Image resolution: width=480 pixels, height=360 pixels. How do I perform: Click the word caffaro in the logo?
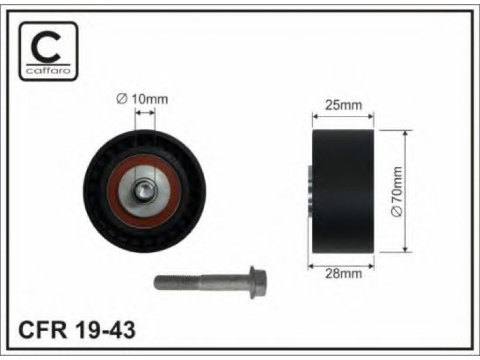(49, 71)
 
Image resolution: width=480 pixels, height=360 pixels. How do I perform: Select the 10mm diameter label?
(142, 99)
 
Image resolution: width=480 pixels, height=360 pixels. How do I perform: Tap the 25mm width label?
(343, 105)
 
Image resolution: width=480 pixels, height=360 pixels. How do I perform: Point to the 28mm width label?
(343, 274)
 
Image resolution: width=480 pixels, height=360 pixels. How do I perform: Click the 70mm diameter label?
(397, 191)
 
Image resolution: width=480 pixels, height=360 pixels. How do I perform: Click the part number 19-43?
(104, 330)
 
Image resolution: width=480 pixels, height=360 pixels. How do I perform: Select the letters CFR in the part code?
(43, 330)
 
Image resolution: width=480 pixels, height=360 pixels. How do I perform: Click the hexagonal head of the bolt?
(258, 282)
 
